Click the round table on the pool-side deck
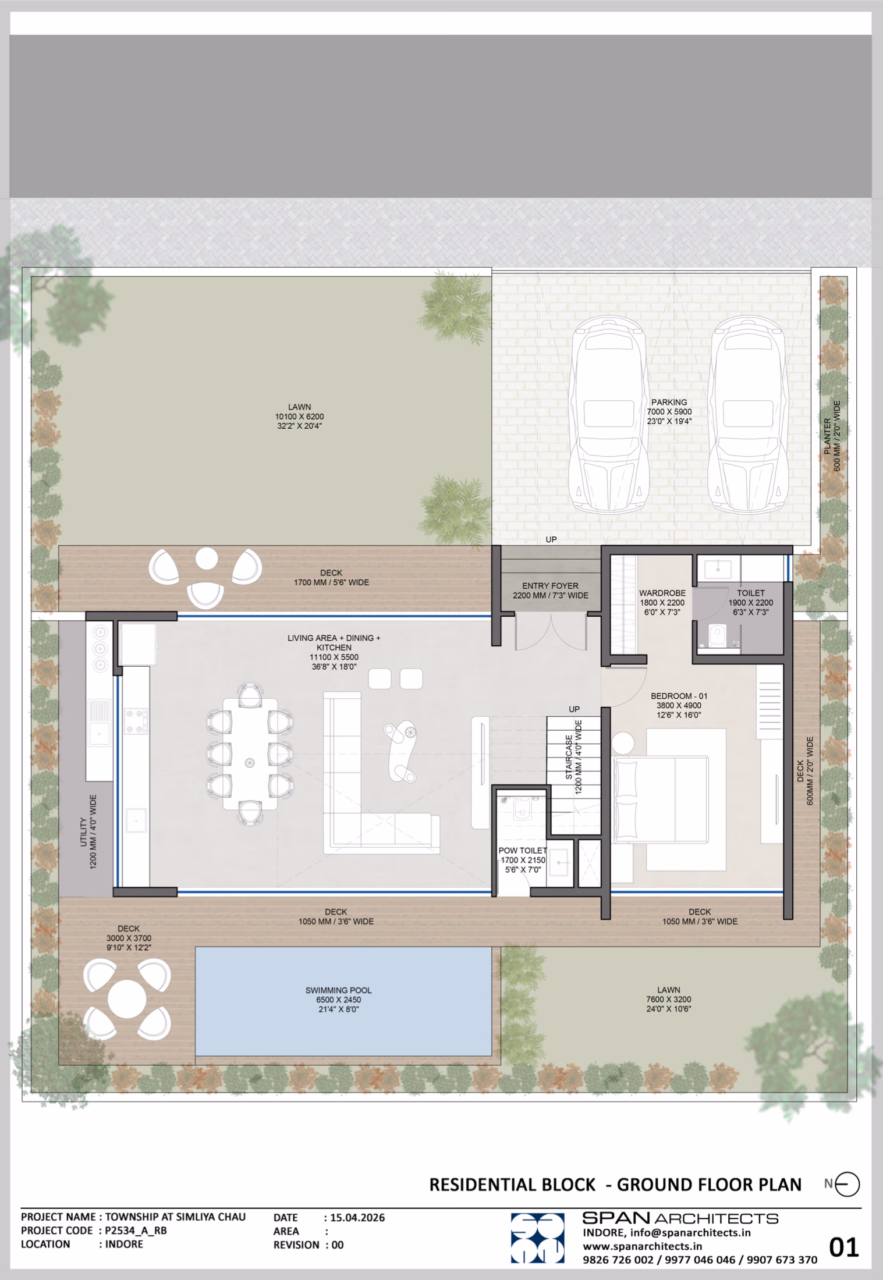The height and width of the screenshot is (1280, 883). point(127,999)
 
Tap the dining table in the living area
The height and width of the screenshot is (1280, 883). point(250,754)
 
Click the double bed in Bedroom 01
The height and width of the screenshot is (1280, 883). point(662,799)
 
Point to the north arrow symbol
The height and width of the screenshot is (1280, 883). point(846,1184)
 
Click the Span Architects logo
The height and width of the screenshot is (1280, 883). point(537,1238)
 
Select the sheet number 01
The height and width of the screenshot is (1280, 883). point(843,1248)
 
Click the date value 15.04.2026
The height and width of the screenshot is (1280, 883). point(357,1218)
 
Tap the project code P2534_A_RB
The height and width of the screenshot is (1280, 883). point(136,1231)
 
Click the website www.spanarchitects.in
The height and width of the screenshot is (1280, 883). point(642,1246)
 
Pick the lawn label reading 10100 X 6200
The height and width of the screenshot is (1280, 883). point(299,417)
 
